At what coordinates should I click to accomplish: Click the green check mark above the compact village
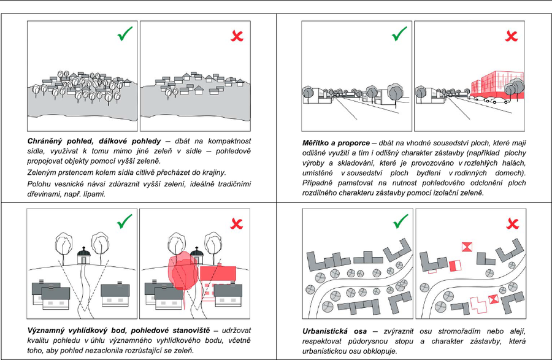(124, 35)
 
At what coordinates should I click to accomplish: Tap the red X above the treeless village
(236, 36)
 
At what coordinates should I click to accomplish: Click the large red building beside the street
(496, 83)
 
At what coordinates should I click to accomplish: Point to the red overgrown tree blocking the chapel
(180, 269)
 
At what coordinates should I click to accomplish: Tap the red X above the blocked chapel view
(236, 223)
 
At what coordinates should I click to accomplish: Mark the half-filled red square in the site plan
(454, 266)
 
